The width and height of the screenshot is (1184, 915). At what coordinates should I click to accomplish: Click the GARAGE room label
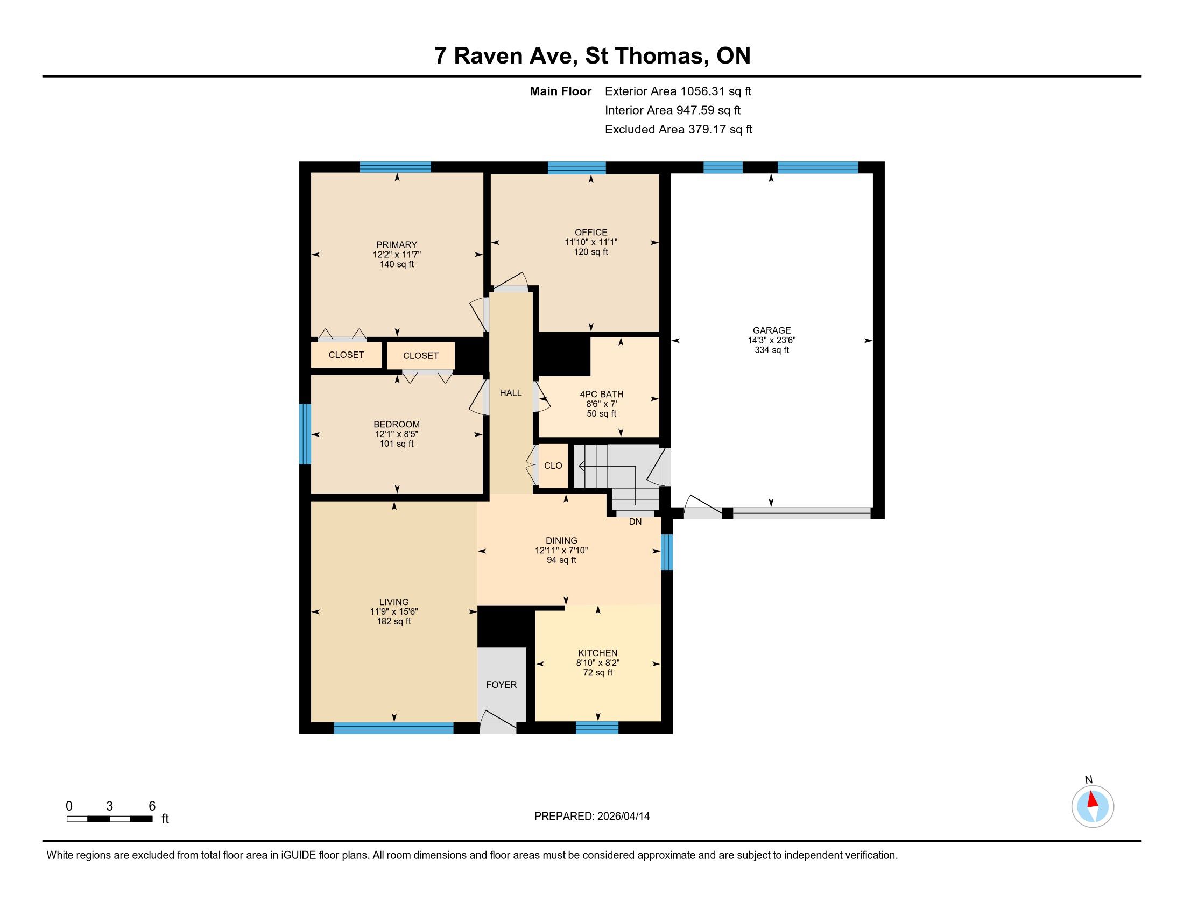[771, 330]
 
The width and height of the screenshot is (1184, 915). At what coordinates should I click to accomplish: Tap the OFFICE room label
[591, 232]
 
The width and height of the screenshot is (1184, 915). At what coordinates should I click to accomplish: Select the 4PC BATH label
[602, 394]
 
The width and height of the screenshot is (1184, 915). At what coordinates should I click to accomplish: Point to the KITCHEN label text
[597, 653]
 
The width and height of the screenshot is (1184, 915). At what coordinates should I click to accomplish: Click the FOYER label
[502, 685]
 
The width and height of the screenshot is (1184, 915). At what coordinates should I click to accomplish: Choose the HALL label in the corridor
[511, 393]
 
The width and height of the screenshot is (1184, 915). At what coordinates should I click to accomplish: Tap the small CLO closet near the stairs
[553, 466]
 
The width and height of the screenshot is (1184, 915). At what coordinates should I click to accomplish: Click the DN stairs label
[636, 522]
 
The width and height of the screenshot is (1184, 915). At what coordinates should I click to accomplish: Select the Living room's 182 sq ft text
[394, 621]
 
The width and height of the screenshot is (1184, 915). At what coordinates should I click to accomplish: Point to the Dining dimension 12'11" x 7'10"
[562, 550]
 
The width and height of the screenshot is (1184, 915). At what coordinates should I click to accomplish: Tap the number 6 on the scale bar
[152, 806]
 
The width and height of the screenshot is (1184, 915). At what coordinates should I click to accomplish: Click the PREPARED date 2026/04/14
[622, 817]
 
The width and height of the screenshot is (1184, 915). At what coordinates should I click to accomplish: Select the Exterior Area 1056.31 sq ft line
[678, 91]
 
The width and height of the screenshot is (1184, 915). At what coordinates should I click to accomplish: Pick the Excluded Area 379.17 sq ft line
[679, 129]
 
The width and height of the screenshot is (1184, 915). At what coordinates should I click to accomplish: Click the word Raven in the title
[491, 56]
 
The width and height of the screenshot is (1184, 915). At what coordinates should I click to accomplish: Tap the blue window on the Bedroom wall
[305, 434]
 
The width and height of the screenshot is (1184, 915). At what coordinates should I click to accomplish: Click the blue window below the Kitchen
[597, 728]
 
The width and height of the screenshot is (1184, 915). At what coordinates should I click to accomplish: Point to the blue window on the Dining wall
[667, 552]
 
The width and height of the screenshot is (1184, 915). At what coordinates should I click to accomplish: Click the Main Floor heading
[561, 91]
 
